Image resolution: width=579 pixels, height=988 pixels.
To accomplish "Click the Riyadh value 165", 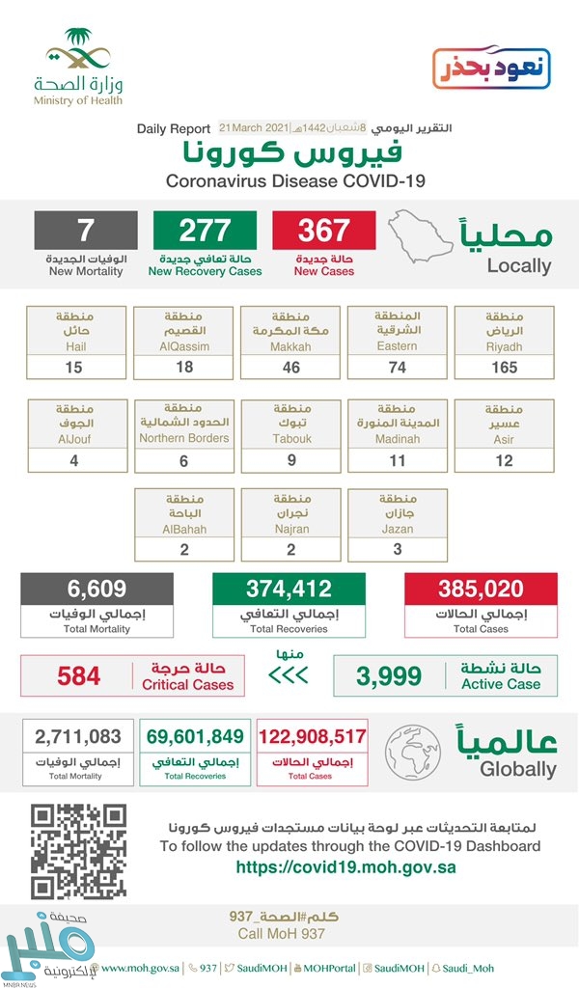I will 504,367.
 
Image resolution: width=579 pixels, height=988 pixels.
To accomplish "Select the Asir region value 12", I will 504,459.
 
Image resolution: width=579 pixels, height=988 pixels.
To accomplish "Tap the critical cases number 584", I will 78,675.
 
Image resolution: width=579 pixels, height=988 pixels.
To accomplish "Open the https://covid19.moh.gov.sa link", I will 345,866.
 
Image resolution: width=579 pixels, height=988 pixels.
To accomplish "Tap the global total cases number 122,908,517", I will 313,738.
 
